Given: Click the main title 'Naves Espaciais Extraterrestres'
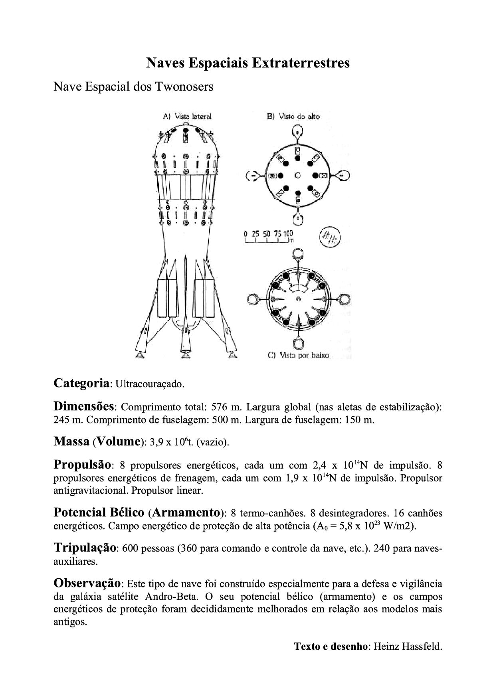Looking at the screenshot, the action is click(x=247, y=63).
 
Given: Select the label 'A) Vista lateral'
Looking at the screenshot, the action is click(x=187, y=116).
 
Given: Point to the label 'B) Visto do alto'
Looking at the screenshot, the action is click(x=293, y=116).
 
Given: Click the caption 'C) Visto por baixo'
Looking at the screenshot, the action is click(x=298, y=355).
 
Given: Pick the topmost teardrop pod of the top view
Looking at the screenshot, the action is click(x=297, y=132).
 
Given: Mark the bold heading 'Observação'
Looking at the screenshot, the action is click(x=87, y=583).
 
